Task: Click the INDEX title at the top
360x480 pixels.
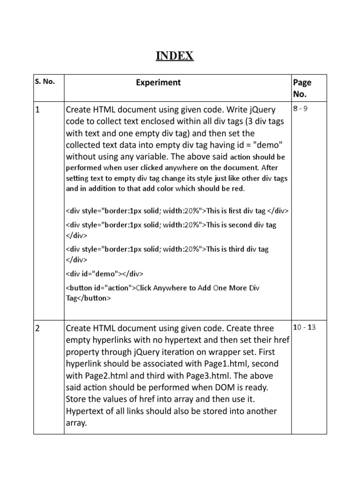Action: coord(174,56)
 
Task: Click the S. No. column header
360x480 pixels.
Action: coord(45,81)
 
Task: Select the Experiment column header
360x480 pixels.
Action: coord(158,82)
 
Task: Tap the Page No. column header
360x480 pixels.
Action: coord(302,88)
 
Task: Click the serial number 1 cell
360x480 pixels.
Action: coord(37,110)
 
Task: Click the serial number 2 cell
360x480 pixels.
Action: coord(37,328)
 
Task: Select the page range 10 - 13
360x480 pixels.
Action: coord(304,327)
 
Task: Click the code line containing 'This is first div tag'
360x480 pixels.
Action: coord(177,210)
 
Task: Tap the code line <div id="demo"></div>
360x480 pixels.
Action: coord(105,273)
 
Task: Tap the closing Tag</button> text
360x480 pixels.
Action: coord(88,298)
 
